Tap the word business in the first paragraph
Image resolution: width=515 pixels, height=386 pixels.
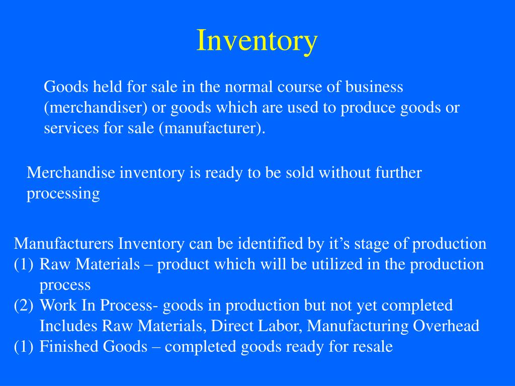374,87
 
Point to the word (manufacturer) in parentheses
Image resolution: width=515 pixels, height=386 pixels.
211,129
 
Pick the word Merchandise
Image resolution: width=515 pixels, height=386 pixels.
71,173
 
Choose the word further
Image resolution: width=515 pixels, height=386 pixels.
398,173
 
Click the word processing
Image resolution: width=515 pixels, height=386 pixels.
63,194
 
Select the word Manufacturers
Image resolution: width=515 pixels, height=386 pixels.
64,244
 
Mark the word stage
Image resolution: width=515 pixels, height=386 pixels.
373,244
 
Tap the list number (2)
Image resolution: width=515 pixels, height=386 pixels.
24,305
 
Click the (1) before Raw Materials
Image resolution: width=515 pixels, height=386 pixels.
24,264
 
